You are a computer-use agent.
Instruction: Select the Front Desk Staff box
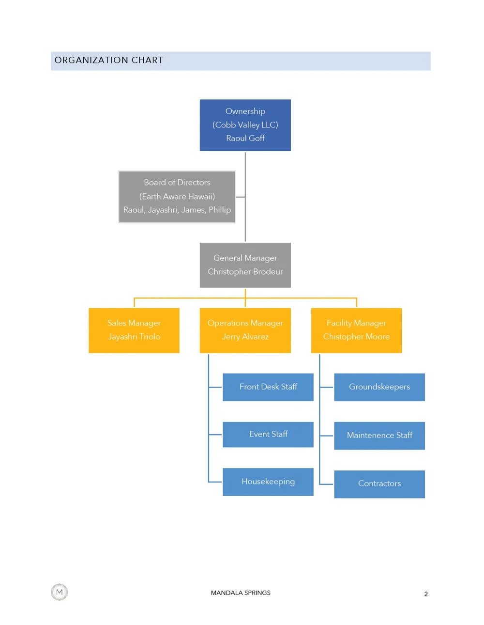[x=268, y=387]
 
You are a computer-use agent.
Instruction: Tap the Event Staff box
[x=268, y=434]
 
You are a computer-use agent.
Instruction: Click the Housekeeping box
[x=268, y=482]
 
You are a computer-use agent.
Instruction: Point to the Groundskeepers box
[x=379, y=387]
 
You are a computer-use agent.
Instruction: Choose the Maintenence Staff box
[x=379, y=435]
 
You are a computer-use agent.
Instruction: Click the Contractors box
[x=379, y=484]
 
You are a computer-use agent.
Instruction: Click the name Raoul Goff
[x=245, y=138]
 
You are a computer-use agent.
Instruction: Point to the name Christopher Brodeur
[x=245, y=272]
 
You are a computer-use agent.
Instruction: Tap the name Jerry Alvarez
[x=245, y=337]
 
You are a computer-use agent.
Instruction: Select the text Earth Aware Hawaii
[x=177, y=196]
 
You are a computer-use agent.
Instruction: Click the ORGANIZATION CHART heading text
[x=108, y=60]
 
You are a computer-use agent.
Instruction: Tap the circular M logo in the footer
[x=60, y=592]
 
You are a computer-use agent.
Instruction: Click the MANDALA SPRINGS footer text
[x=241, y=593]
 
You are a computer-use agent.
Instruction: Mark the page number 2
[x=426, y=594]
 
